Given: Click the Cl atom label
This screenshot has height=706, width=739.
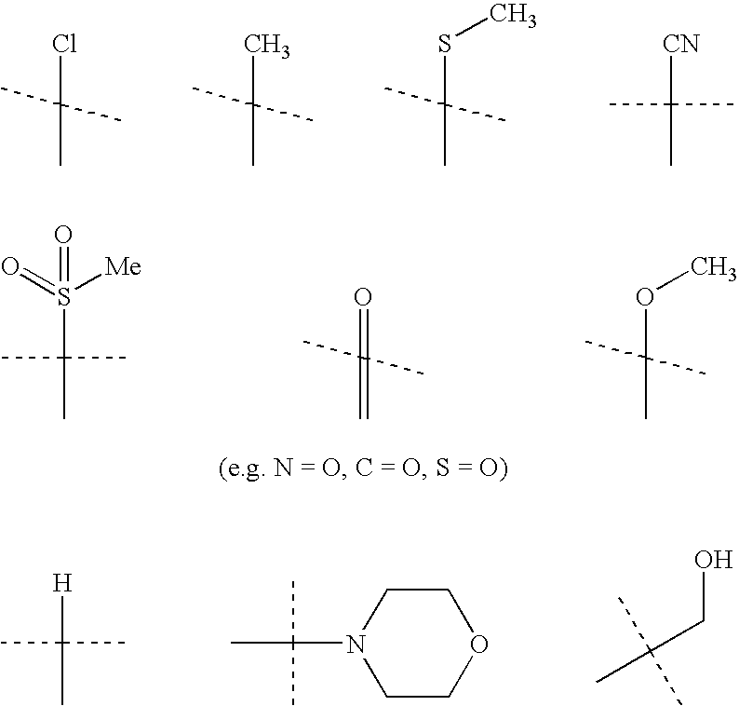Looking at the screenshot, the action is [62, 44].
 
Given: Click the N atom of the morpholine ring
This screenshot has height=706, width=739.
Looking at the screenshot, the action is [353, 644].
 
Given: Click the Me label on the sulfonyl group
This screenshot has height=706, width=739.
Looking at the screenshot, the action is [122, 268].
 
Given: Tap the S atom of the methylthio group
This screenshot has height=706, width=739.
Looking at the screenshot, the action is [445, 44].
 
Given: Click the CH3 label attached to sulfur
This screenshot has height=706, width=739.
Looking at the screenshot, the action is [515, 17].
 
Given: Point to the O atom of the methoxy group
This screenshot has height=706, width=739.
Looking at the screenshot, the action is [644, 298].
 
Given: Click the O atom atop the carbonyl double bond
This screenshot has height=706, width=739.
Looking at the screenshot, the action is [364, 298].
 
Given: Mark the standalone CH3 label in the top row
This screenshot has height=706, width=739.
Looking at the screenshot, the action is [265, 44].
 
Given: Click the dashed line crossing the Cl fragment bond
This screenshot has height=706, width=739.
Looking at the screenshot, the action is [93, 113].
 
